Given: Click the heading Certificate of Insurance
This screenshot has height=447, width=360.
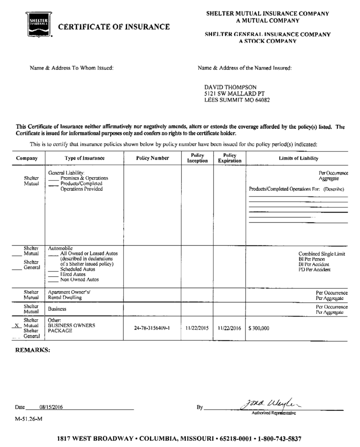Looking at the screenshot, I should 114,27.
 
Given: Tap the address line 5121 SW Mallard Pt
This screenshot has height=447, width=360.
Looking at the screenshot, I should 234,93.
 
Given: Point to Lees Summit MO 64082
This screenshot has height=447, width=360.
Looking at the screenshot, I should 237,100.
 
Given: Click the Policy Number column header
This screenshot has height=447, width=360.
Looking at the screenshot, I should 152,158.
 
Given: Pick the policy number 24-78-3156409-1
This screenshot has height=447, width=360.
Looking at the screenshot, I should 152,328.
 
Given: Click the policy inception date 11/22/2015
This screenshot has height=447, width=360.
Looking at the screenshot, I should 197,328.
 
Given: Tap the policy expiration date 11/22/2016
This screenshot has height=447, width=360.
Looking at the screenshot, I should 229,328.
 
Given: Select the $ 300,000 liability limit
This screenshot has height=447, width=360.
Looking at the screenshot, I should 259,328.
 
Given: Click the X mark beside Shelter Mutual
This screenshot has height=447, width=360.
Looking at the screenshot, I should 17,326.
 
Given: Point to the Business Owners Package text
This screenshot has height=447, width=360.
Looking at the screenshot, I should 65,328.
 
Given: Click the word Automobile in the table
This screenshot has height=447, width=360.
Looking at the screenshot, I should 60,248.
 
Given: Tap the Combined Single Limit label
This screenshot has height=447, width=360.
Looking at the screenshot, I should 322,254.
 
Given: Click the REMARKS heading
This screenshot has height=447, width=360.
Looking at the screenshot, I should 33,350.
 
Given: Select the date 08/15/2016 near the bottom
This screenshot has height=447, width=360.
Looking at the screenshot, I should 51,407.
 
